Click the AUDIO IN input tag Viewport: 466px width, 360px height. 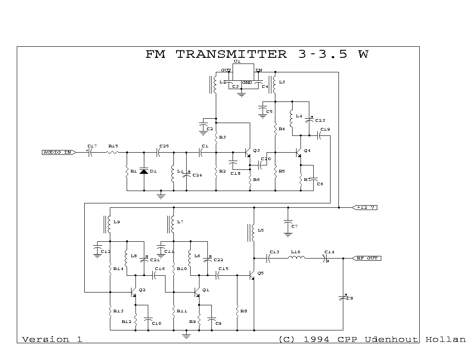[x=57, y=152]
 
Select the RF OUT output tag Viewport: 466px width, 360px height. [x=366, y=258]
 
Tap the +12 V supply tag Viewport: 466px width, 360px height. [x=364, y=207]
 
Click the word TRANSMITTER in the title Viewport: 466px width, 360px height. [x=231, y=54]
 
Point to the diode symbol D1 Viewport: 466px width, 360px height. [x=143, y=171]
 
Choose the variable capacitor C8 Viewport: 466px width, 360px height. [x=343, y=298]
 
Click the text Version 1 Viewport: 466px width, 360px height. [x=52, y=339]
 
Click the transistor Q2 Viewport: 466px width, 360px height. [x=133, y=292]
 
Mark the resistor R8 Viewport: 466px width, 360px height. [x=237, y=311]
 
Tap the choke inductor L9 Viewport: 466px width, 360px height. [x=109, y=224]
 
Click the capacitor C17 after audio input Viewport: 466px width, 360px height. [x=90, y=152]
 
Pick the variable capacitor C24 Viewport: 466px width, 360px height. [x=186, y=175]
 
